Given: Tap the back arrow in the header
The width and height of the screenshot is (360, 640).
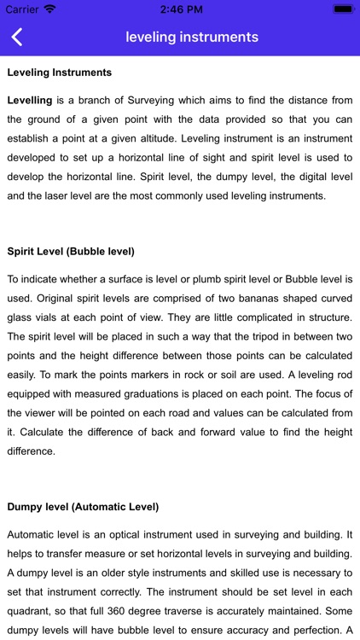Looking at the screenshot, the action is [x=17, y=37].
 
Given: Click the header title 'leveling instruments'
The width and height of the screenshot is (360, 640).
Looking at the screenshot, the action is [x=192, y=37].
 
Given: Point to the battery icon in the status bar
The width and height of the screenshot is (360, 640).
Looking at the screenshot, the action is [x=344, y=9].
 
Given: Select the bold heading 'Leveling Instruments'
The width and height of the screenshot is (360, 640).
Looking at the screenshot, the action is [x=59, y=73].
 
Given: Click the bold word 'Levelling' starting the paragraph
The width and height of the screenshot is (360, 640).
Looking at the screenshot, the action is [x=30, y=100].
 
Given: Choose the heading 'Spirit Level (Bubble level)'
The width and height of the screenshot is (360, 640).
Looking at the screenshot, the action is [x=71, y=252].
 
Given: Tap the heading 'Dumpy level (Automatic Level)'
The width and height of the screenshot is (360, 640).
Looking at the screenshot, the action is [x=83, y=507].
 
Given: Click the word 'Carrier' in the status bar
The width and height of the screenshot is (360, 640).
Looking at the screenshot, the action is [x=23, y=9].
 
